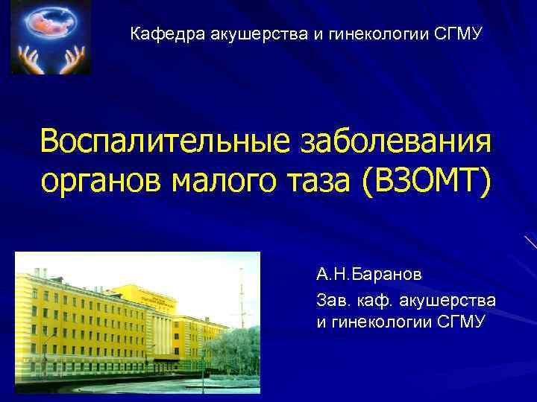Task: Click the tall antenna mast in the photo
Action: [x=241, y=298]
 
